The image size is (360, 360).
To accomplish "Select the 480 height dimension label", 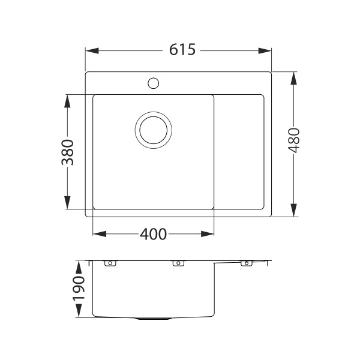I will pos(294,142).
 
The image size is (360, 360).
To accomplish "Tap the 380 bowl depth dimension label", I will pos(67,152).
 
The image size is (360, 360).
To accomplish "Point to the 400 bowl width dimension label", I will pos(153,234).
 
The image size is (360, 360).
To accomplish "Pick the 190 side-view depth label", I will pos(79,289).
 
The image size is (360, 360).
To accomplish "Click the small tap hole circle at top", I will pos(153,82).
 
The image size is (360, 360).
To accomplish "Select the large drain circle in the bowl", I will pos(154,129).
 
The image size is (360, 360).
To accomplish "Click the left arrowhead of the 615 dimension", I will pos(90,50).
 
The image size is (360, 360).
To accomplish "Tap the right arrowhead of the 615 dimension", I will pos(268,50).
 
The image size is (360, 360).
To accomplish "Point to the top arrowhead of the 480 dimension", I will pos(294,77).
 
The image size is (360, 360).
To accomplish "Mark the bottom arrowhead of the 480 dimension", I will pos(294,212).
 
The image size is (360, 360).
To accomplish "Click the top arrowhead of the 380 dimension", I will pos(67,99).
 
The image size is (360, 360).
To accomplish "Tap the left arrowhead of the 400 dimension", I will pos(97,234).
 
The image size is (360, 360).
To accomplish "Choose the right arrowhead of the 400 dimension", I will pos(210,234).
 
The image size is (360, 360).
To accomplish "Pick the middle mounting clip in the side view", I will pos(178,263).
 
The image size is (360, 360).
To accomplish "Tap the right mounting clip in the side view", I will pos(245,263).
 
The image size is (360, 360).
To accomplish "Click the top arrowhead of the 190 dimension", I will pos(79,265).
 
